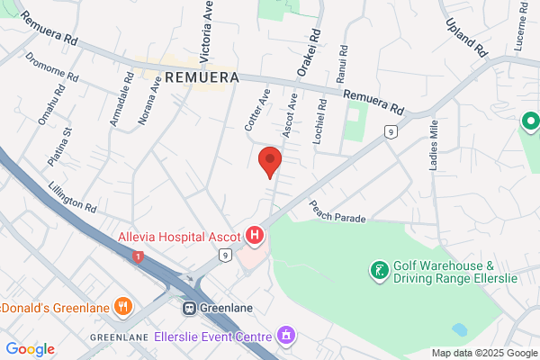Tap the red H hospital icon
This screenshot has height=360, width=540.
tap(255, 237)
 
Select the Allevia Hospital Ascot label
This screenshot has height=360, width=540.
tap(180, 238)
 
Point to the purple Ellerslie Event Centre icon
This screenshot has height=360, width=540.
tap(286, 337)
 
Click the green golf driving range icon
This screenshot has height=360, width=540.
tap(380, 269)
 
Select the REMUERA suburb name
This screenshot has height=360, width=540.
tap(202, 77)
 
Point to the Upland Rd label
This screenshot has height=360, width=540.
tap(466, 36)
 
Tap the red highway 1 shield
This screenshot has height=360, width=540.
tap(138, 257)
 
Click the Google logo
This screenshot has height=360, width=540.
tap(30, 349)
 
